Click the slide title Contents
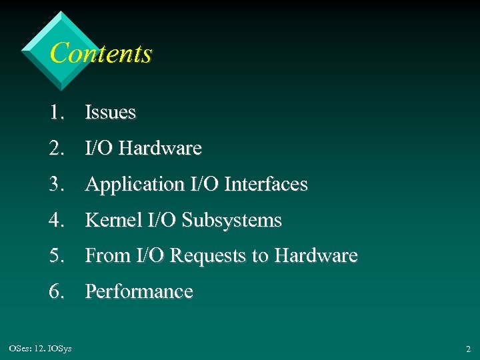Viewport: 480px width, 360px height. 101,53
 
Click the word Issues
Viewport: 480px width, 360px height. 110,113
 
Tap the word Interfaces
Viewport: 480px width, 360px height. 267,184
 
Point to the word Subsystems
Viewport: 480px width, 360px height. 231,221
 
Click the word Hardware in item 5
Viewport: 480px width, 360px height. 317,256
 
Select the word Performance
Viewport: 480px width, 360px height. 139,292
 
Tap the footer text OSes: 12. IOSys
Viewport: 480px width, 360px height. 41,349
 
